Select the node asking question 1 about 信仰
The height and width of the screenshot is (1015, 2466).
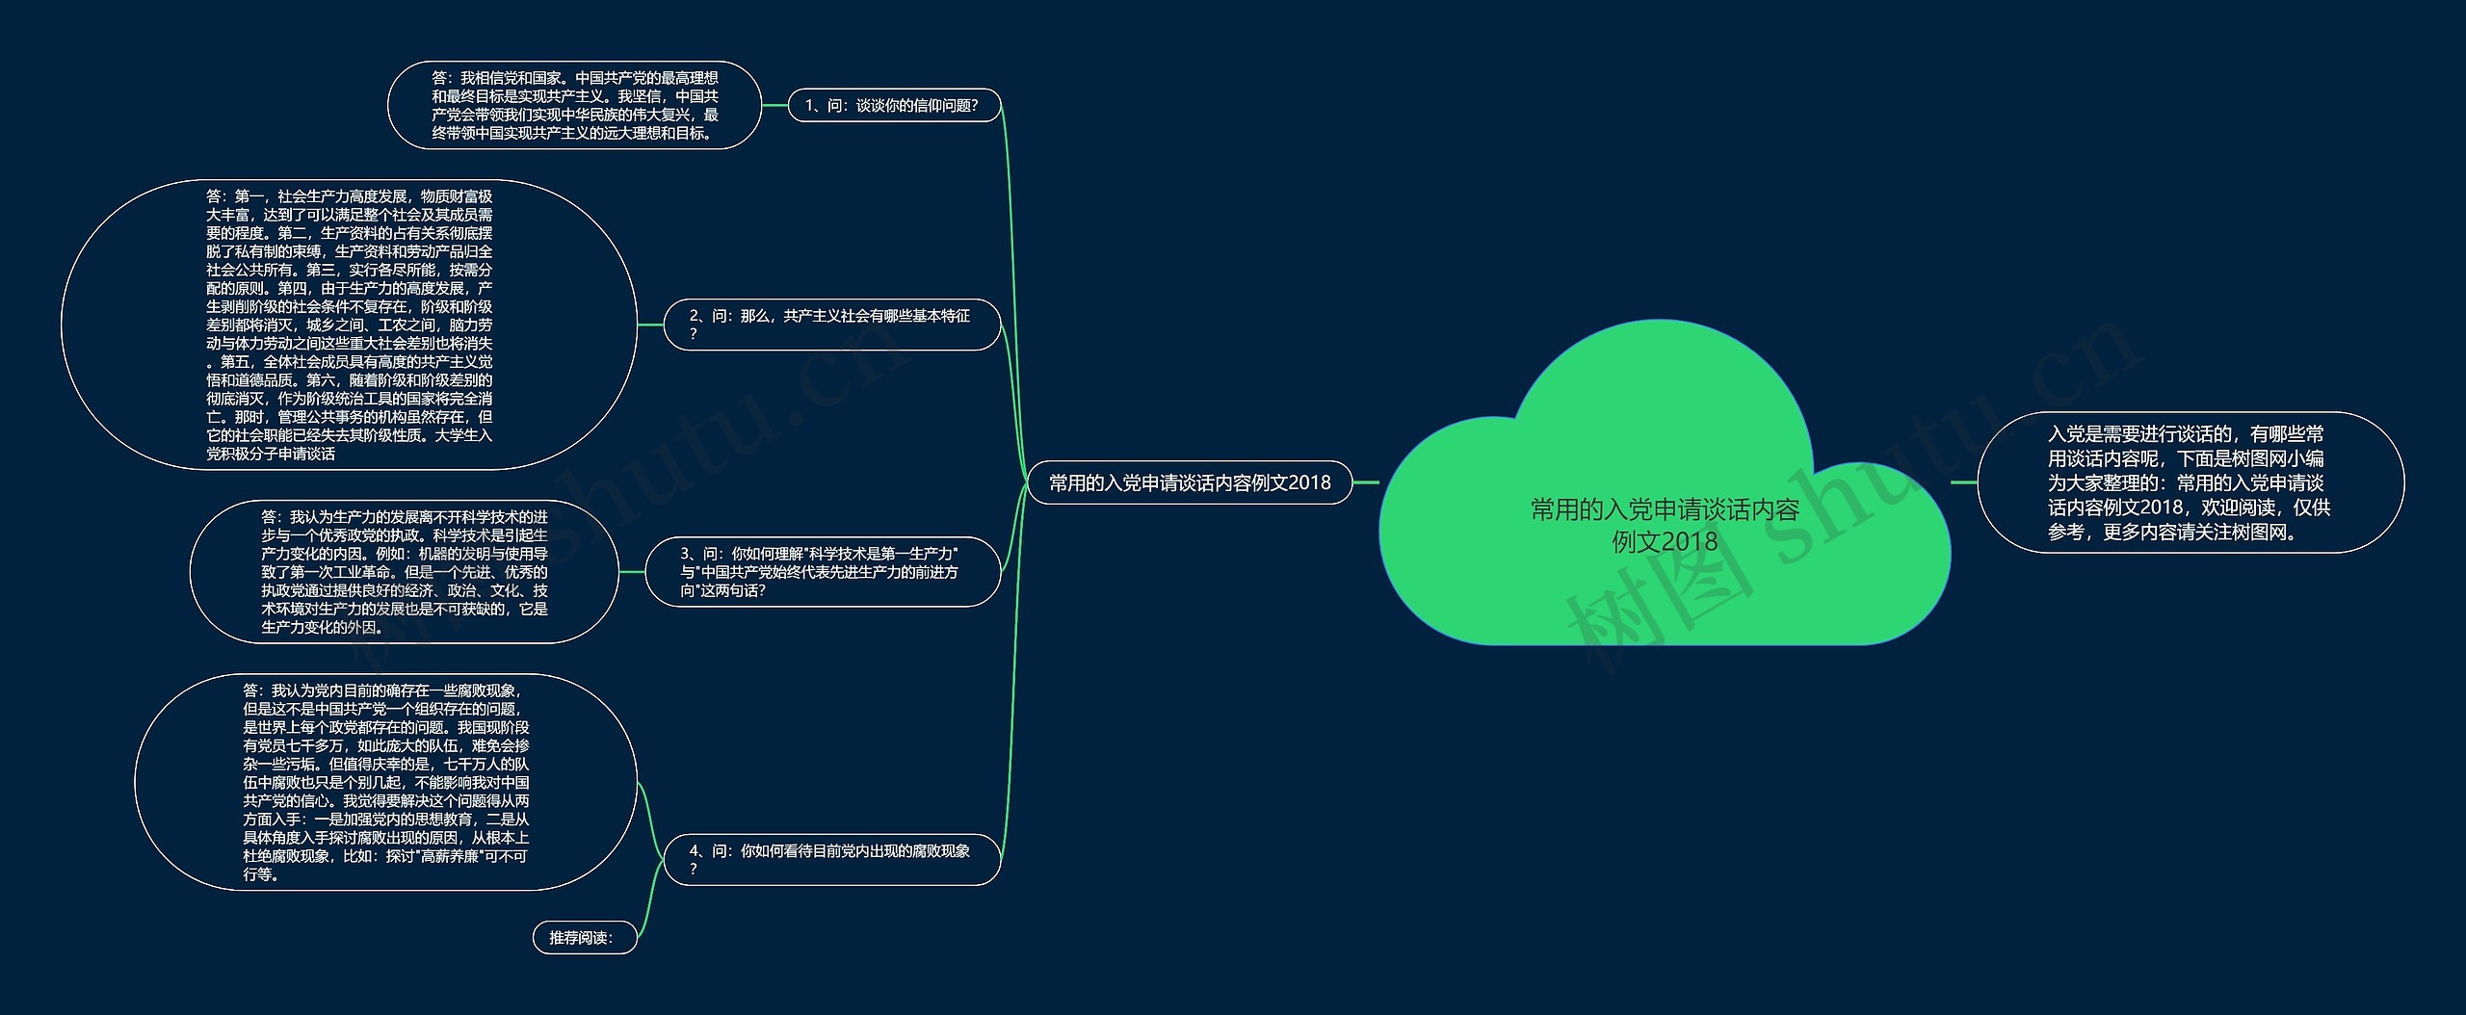[x=893, y=106]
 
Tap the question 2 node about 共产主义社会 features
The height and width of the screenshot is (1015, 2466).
[x=831, y=325]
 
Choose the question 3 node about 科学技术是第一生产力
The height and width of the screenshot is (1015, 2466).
[x=822, y=572]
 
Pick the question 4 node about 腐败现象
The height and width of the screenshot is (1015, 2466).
[x=831, y=859]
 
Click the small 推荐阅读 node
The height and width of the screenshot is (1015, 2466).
[x=583, y=937]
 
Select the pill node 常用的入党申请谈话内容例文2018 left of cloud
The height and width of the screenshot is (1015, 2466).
[x=1189, y=482]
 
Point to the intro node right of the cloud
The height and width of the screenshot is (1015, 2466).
[x=2190, y=482]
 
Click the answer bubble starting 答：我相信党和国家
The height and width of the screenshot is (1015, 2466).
[x=574, y=106]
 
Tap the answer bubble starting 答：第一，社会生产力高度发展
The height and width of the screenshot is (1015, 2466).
[x=349, y=325]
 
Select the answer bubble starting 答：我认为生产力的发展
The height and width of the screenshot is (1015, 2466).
[x=404, y=572]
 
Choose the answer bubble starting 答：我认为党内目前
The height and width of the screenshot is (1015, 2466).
[x=385, y=782]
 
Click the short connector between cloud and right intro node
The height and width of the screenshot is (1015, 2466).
[x=1963, y=482]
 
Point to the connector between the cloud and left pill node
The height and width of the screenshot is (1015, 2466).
[x=1366, y=482]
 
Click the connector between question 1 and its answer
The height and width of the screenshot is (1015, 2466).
[x=774, y=106]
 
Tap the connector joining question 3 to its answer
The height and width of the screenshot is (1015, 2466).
[x=631, y=572]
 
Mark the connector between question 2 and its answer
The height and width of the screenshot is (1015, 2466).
[x=650, y=325]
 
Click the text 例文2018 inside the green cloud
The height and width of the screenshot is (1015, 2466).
[x=1665, y=542]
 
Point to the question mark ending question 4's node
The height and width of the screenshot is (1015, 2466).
[x=693, y=870]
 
